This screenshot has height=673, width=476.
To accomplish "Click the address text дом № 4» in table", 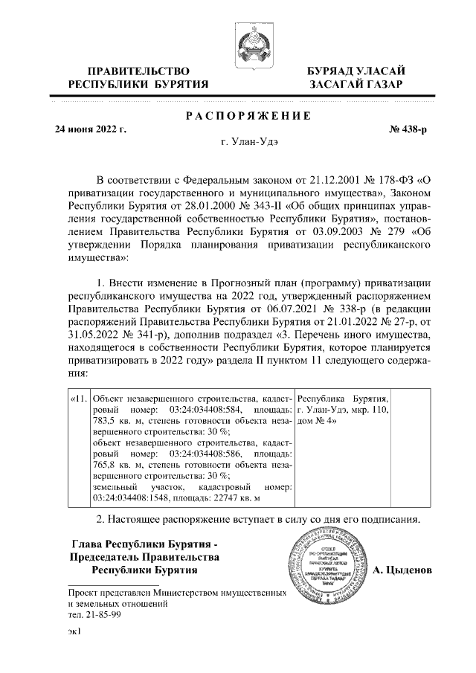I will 317,422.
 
